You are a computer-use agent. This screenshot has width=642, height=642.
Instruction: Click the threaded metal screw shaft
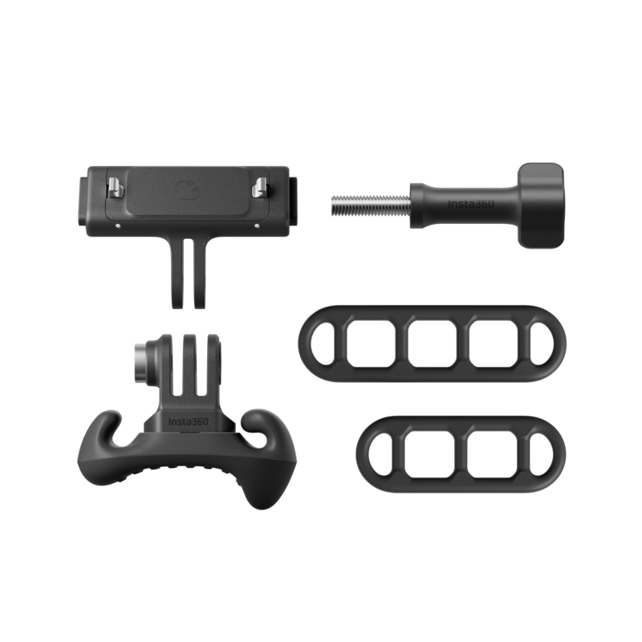(x=371, y=205)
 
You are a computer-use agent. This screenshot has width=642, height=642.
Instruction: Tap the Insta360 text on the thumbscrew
(x=470, y=204)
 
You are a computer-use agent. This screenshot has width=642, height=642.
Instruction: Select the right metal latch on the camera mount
(x=259, y=187)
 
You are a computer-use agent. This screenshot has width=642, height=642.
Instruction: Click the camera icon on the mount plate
(x=188, y=191)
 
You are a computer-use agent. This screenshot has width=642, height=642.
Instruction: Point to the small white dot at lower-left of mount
(x=118, y=226)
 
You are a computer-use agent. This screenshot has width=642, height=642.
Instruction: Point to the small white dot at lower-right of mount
(x=257, y=226)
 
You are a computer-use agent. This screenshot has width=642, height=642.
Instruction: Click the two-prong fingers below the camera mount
(x=188, y=272)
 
